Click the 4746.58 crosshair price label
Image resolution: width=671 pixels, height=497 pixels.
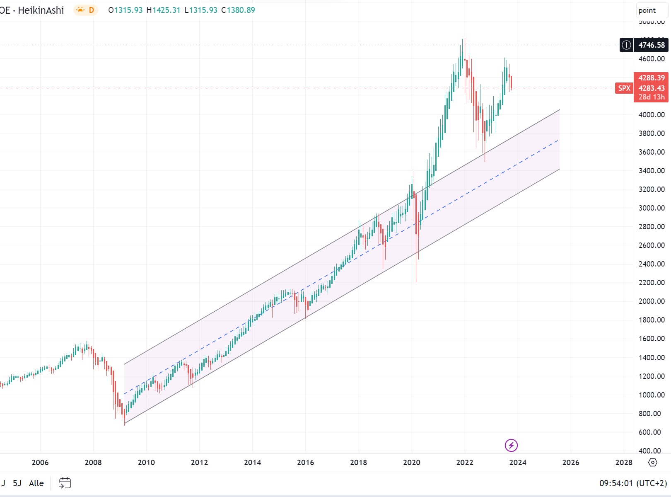(651, 45)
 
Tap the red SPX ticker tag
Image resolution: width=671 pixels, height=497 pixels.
(624, 88)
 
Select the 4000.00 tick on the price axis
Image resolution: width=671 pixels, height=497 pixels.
(652, 115)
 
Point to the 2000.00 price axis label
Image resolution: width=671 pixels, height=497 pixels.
(652, 301)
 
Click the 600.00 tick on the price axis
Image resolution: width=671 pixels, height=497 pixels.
(649, 432)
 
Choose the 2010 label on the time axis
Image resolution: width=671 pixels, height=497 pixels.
(146, 462)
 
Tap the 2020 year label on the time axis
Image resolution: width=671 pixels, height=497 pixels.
(411, 462)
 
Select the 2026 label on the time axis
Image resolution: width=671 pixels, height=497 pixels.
(570, 462)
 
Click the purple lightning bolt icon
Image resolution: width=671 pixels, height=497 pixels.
(511, 445)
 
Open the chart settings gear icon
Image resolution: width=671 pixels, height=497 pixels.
(653, 462)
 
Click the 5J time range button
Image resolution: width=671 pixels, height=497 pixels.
(17, 483)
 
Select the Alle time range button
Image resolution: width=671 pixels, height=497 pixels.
(36, 483)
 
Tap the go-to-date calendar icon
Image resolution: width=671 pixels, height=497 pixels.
(65, 483)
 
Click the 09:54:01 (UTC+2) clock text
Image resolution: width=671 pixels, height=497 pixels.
(633, 483)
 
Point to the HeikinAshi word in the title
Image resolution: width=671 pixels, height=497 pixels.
(41, 10)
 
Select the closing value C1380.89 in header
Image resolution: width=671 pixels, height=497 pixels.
(238, 10)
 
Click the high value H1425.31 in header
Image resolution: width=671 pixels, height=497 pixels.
(164, 10)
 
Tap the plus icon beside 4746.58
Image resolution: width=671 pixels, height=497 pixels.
(626, 45)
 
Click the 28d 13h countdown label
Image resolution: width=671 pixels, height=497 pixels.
(651, 97)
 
